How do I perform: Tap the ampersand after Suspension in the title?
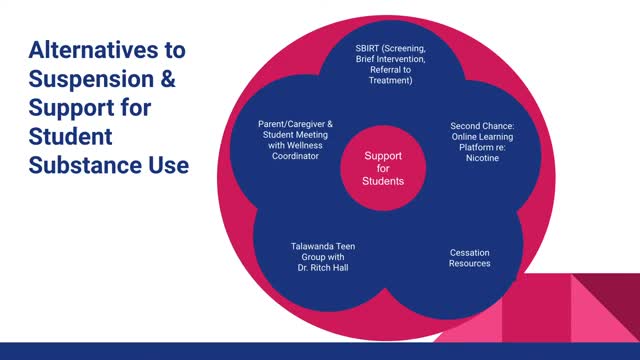tap(168, 78)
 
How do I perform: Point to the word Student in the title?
tap(70, 136)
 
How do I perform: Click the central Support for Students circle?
tap(383, 168)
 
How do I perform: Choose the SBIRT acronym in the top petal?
tap(367, 49)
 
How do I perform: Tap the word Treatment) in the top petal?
tap(391, 80)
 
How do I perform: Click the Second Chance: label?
tap(482, 126)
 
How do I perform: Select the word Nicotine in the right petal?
tap(482, 158)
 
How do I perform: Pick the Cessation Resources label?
tap(469, 258)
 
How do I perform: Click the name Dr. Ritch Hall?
tap(323, 268)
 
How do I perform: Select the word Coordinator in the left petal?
tap(295, 156)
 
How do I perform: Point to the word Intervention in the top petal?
tap(401, 59)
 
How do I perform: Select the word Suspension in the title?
tap(91, 78)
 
